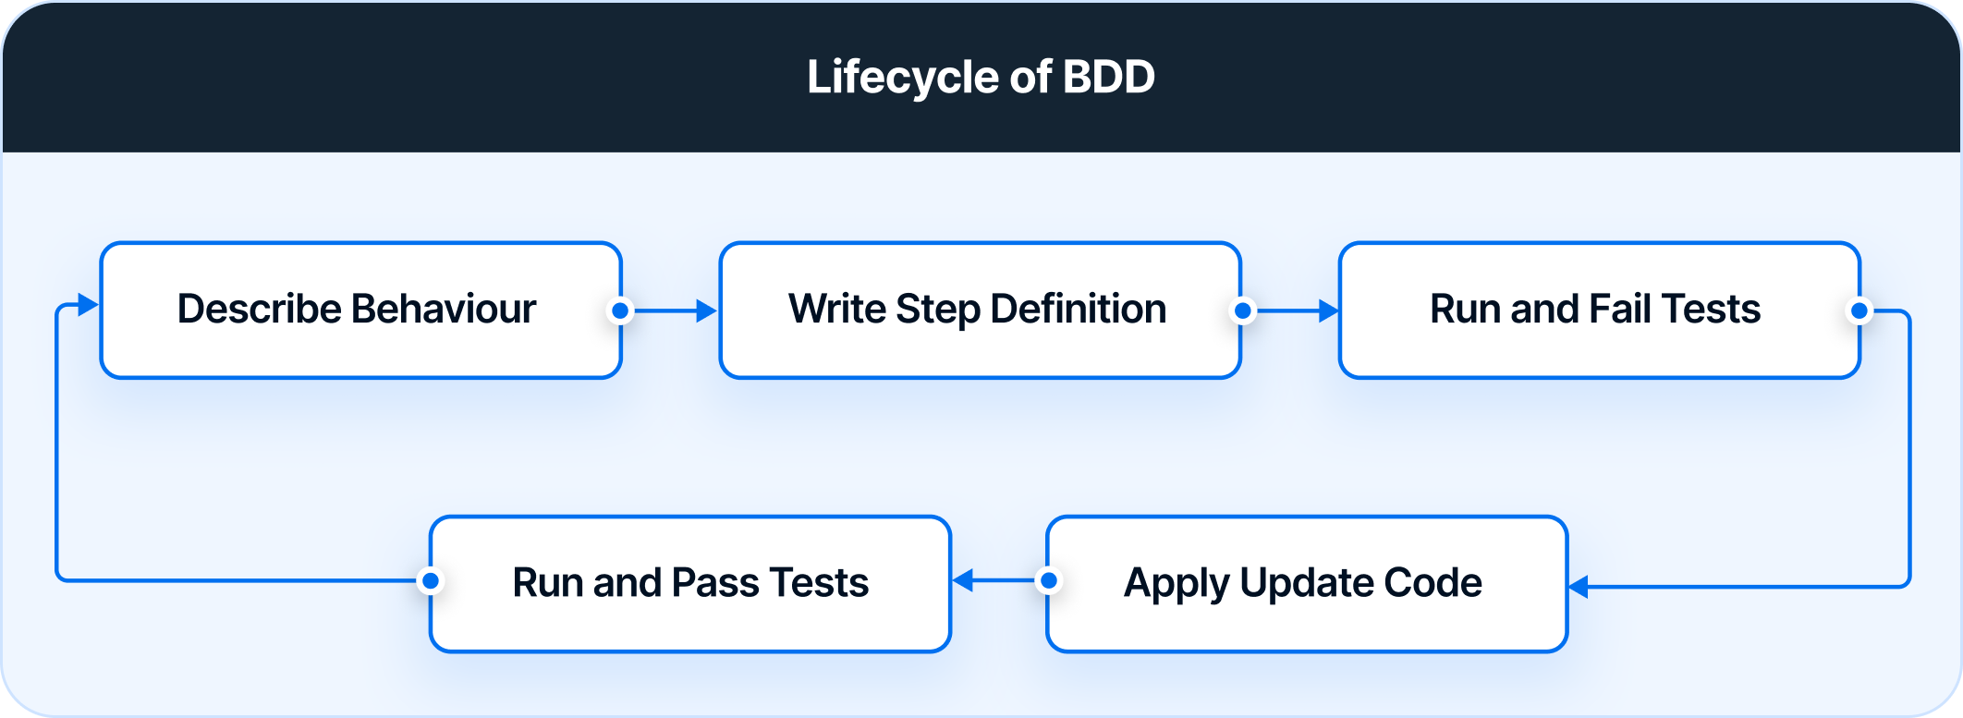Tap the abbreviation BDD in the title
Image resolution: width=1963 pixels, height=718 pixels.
[1108, 77]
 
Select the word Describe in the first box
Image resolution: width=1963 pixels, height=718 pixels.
[259, 310]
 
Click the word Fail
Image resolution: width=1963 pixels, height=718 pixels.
[1623, 310]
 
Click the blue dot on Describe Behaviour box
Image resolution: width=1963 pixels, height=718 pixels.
[621, 311]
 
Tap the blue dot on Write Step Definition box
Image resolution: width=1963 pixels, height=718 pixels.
[1243, 311]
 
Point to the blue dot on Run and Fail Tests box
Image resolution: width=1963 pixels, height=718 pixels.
[1859, 311]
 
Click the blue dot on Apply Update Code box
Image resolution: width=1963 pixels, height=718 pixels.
[1049, 581]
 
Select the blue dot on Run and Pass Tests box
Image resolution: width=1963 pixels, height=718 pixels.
[430, 581]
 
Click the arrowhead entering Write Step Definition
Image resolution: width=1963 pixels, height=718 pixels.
[706, 311]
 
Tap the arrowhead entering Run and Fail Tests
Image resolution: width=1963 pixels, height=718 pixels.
[1328, 311]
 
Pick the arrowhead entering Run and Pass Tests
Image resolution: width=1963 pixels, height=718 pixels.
[963, 581]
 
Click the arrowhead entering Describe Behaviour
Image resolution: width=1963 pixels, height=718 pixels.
[88, 305]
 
